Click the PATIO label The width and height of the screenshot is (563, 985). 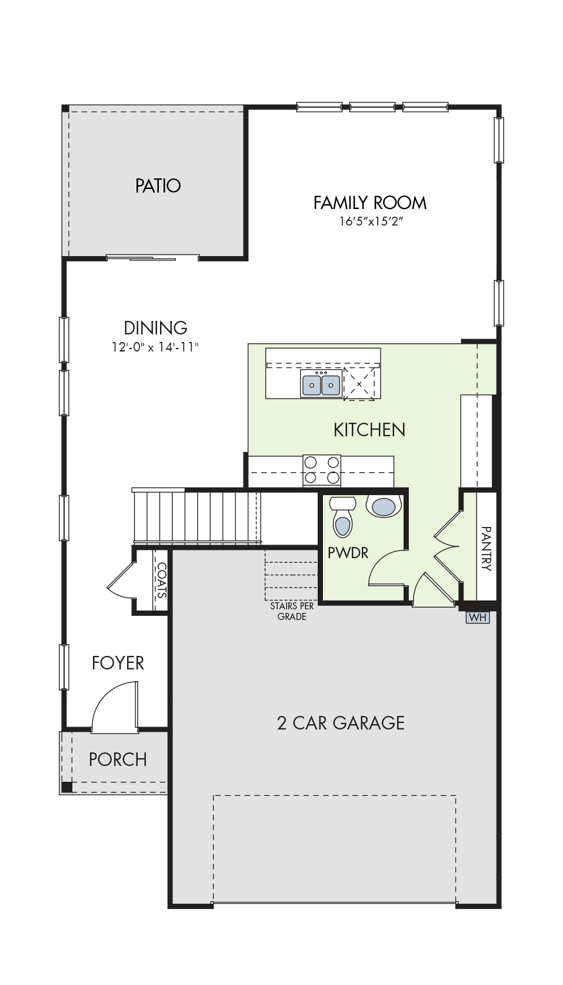(158, 185)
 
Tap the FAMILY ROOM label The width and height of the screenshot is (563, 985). (369, 203)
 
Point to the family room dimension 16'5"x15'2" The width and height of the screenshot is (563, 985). (371, 221)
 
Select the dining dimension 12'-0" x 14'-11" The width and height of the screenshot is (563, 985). (155, 347)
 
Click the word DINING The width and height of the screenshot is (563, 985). (155, 328)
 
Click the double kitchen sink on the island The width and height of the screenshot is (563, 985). (321, 383)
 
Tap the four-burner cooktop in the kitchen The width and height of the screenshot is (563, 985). (322, 470)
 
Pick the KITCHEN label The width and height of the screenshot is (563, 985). (369, 430)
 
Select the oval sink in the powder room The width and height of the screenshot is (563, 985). (387, 506)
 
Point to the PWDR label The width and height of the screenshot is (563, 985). (348, 553)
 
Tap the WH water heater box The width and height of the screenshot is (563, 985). (478, 617)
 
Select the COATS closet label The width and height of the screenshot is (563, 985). (161, 581)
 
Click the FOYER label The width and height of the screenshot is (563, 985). (118, 663)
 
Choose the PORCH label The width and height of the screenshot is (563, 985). (118, 760)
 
